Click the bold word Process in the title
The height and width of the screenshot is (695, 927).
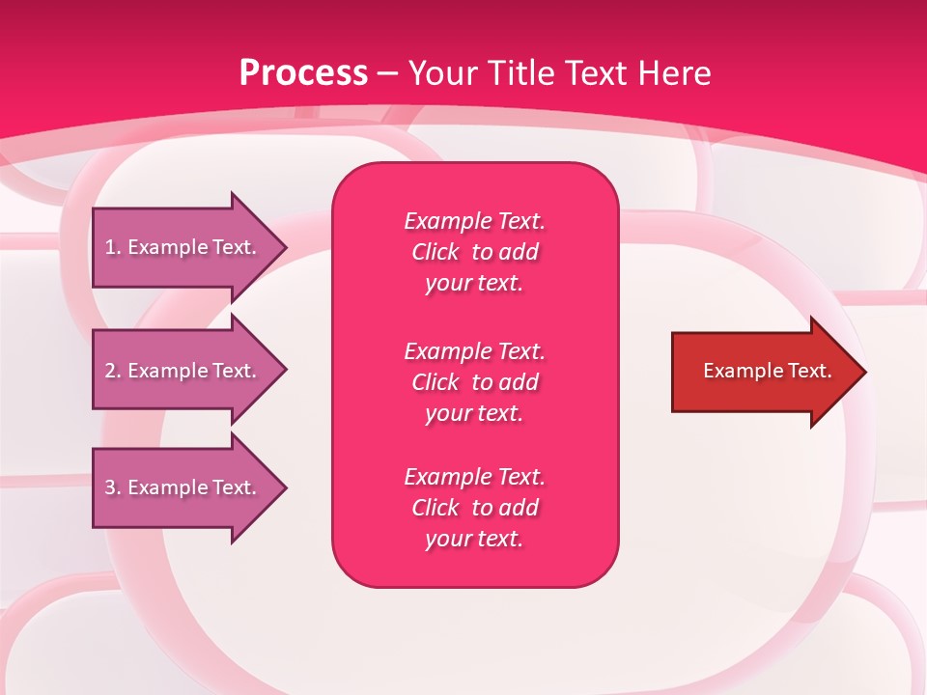[303, 73]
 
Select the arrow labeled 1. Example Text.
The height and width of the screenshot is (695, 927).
[183, 247]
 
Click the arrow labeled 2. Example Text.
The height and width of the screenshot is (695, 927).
[183, 371]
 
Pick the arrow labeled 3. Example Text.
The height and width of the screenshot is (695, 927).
[183, 487]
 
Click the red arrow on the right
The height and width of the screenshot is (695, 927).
[763, 372]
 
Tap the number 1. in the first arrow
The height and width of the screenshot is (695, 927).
[113, 247]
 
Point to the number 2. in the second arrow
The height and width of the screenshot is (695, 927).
[113, 371]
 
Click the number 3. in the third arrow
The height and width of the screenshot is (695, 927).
[113, 487]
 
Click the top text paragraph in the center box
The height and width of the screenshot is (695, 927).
[474, 252]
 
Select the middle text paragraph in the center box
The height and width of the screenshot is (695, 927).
[474, 382]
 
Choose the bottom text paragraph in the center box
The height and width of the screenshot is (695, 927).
[474, 508]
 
